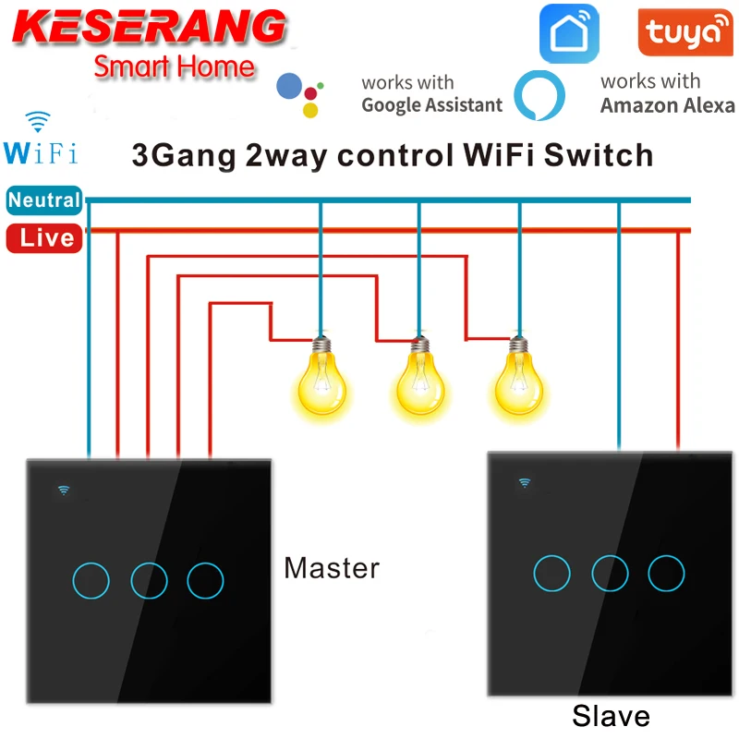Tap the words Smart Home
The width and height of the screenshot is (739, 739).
point(174,67)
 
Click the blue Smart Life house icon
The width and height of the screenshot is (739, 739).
point(569,34)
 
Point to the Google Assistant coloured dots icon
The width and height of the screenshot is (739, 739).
point(304,93)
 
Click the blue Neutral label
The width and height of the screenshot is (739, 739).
point(44,200)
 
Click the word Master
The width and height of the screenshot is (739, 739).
point(332,567)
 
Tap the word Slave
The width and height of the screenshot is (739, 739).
point(611,716)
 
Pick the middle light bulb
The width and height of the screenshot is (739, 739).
point(420,380)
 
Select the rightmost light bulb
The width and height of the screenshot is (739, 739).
point(520,380)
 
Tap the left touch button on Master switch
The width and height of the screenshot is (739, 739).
point(90,581)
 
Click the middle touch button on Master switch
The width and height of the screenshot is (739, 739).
point(149,580)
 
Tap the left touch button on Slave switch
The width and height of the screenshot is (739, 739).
point(551,574)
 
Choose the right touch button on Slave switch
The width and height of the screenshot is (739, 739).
point(666,573)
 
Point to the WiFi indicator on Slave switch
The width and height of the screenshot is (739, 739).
point(525,481)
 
